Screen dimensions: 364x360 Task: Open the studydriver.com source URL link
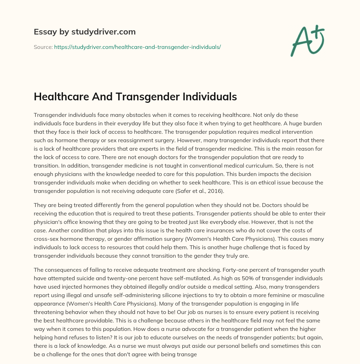[137, 47]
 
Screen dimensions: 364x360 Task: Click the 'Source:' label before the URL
[43, 47]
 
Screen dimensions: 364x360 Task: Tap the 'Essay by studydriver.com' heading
[85, 32]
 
